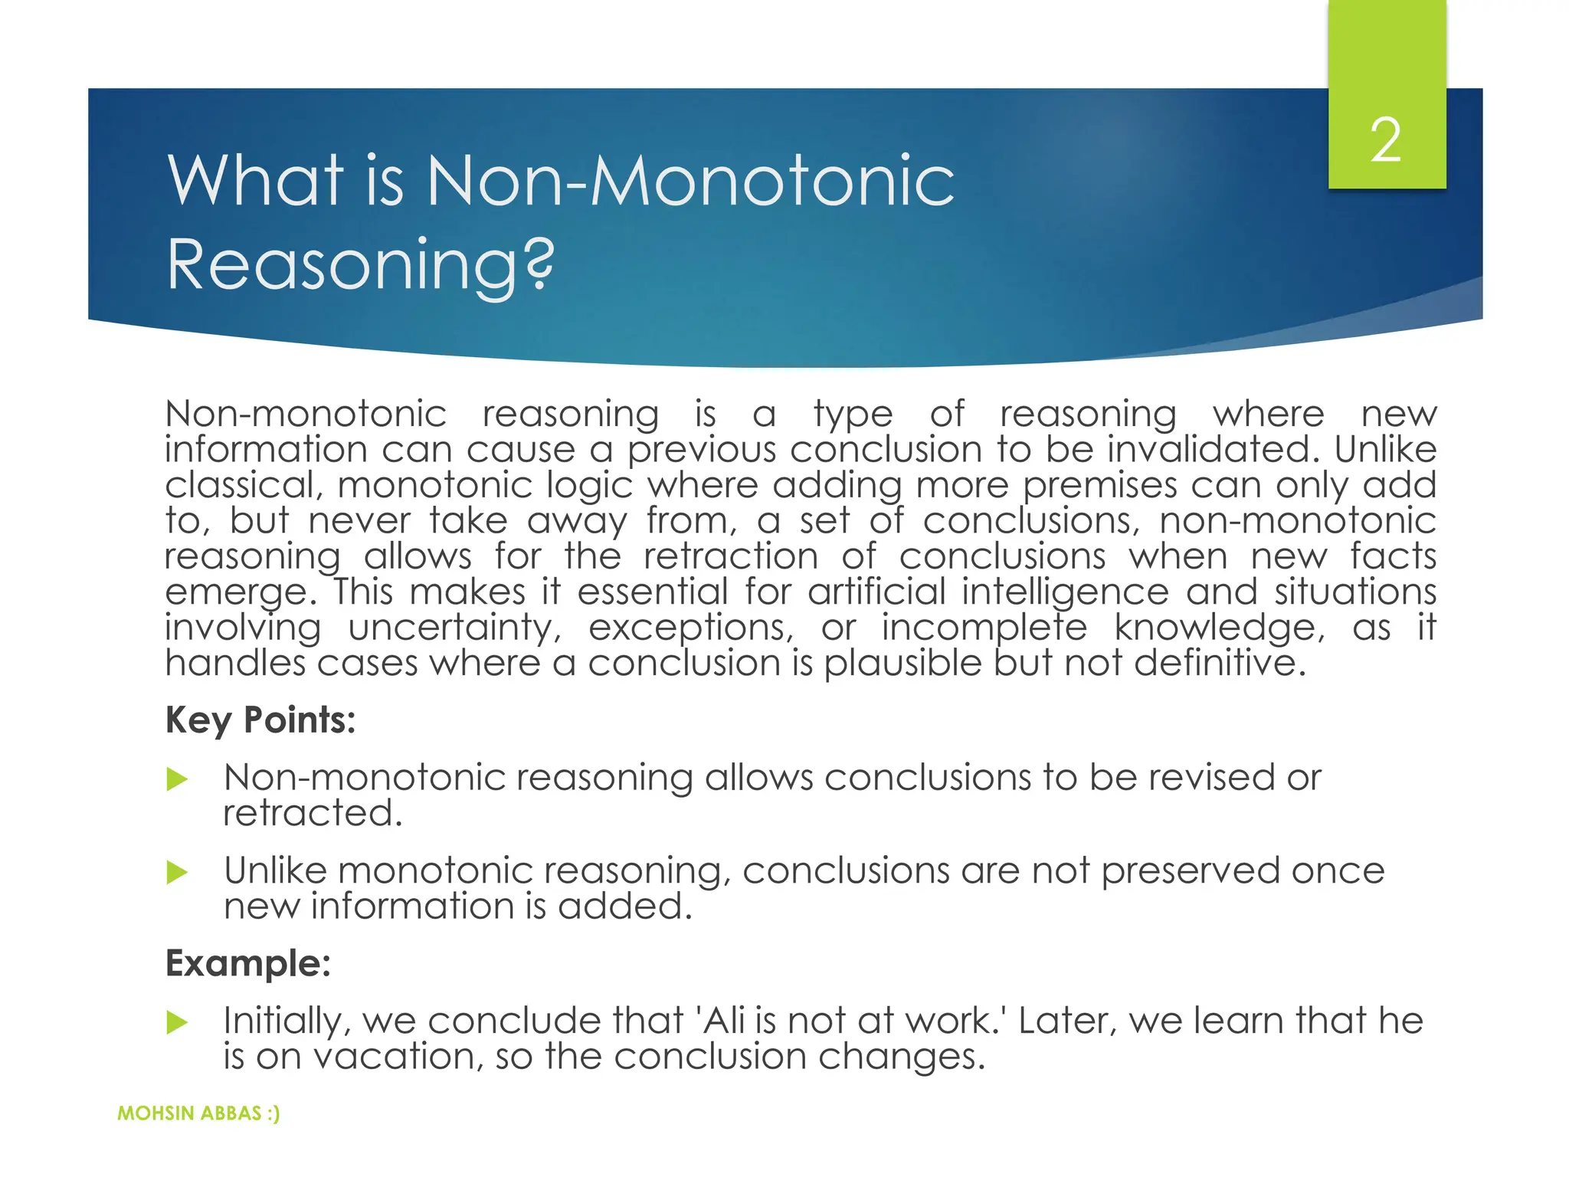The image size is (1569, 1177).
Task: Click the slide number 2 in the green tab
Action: pos(1386,141)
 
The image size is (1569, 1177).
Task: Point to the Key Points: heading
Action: pos(260,720)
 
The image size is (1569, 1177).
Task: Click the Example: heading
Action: pos(248,963)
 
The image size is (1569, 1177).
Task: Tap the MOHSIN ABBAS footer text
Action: pos(198,1113)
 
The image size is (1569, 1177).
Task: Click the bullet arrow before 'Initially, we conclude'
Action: pos(177,1022)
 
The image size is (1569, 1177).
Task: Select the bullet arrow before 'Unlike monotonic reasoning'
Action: pos(177,872)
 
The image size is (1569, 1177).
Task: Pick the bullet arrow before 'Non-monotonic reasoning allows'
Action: pos(177,780)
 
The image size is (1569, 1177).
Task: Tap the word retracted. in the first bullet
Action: pos(313,813)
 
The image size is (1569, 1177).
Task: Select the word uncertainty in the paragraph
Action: pos(454,628)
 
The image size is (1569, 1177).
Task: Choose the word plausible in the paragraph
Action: pos(902,664)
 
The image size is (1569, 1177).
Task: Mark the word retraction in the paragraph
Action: pos(731,556)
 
